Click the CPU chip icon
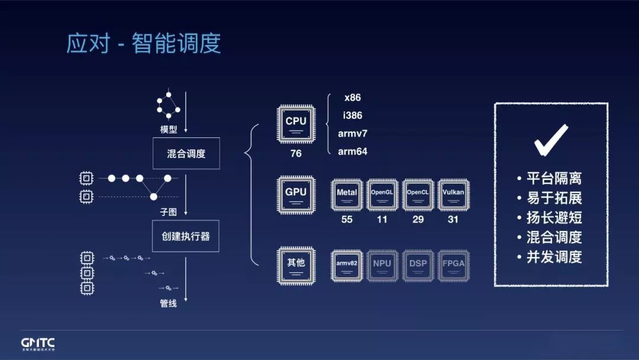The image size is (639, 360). (x=296, y=124)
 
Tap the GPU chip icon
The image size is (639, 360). (x=296, y=194)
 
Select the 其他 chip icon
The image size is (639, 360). (x=296, y=264)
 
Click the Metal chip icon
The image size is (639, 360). (x=347, y=194)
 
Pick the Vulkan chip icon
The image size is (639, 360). (x=453, y=194)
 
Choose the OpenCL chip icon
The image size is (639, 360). (x=418, y=194)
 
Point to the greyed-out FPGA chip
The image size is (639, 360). (x=453, y=264)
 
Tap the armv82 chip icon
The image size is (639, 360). (x=347, y=264)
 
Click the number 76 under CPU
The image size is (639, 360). (x=296, y=153)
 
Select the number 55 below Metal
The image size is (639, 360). (x=347, y=220)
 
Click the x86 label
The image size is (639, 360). (x=353, y=98)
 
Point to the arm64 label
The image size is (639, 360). (x=353, y=152)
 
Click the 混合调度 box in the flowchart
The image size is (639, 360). (x=186, y=154)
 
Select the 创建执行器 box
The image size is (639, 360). (x=186, y=236)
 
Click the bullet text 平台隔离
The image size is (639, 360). (x=554, y=178)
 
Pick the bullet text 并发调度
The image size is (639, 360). (x=554, y=257)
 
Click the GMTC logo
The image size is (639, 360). (x=38, y=343)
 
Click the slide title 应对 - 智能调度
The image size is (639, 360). (x=144, y=44)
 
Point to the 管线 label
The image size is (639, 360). (x=169, y=304)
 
